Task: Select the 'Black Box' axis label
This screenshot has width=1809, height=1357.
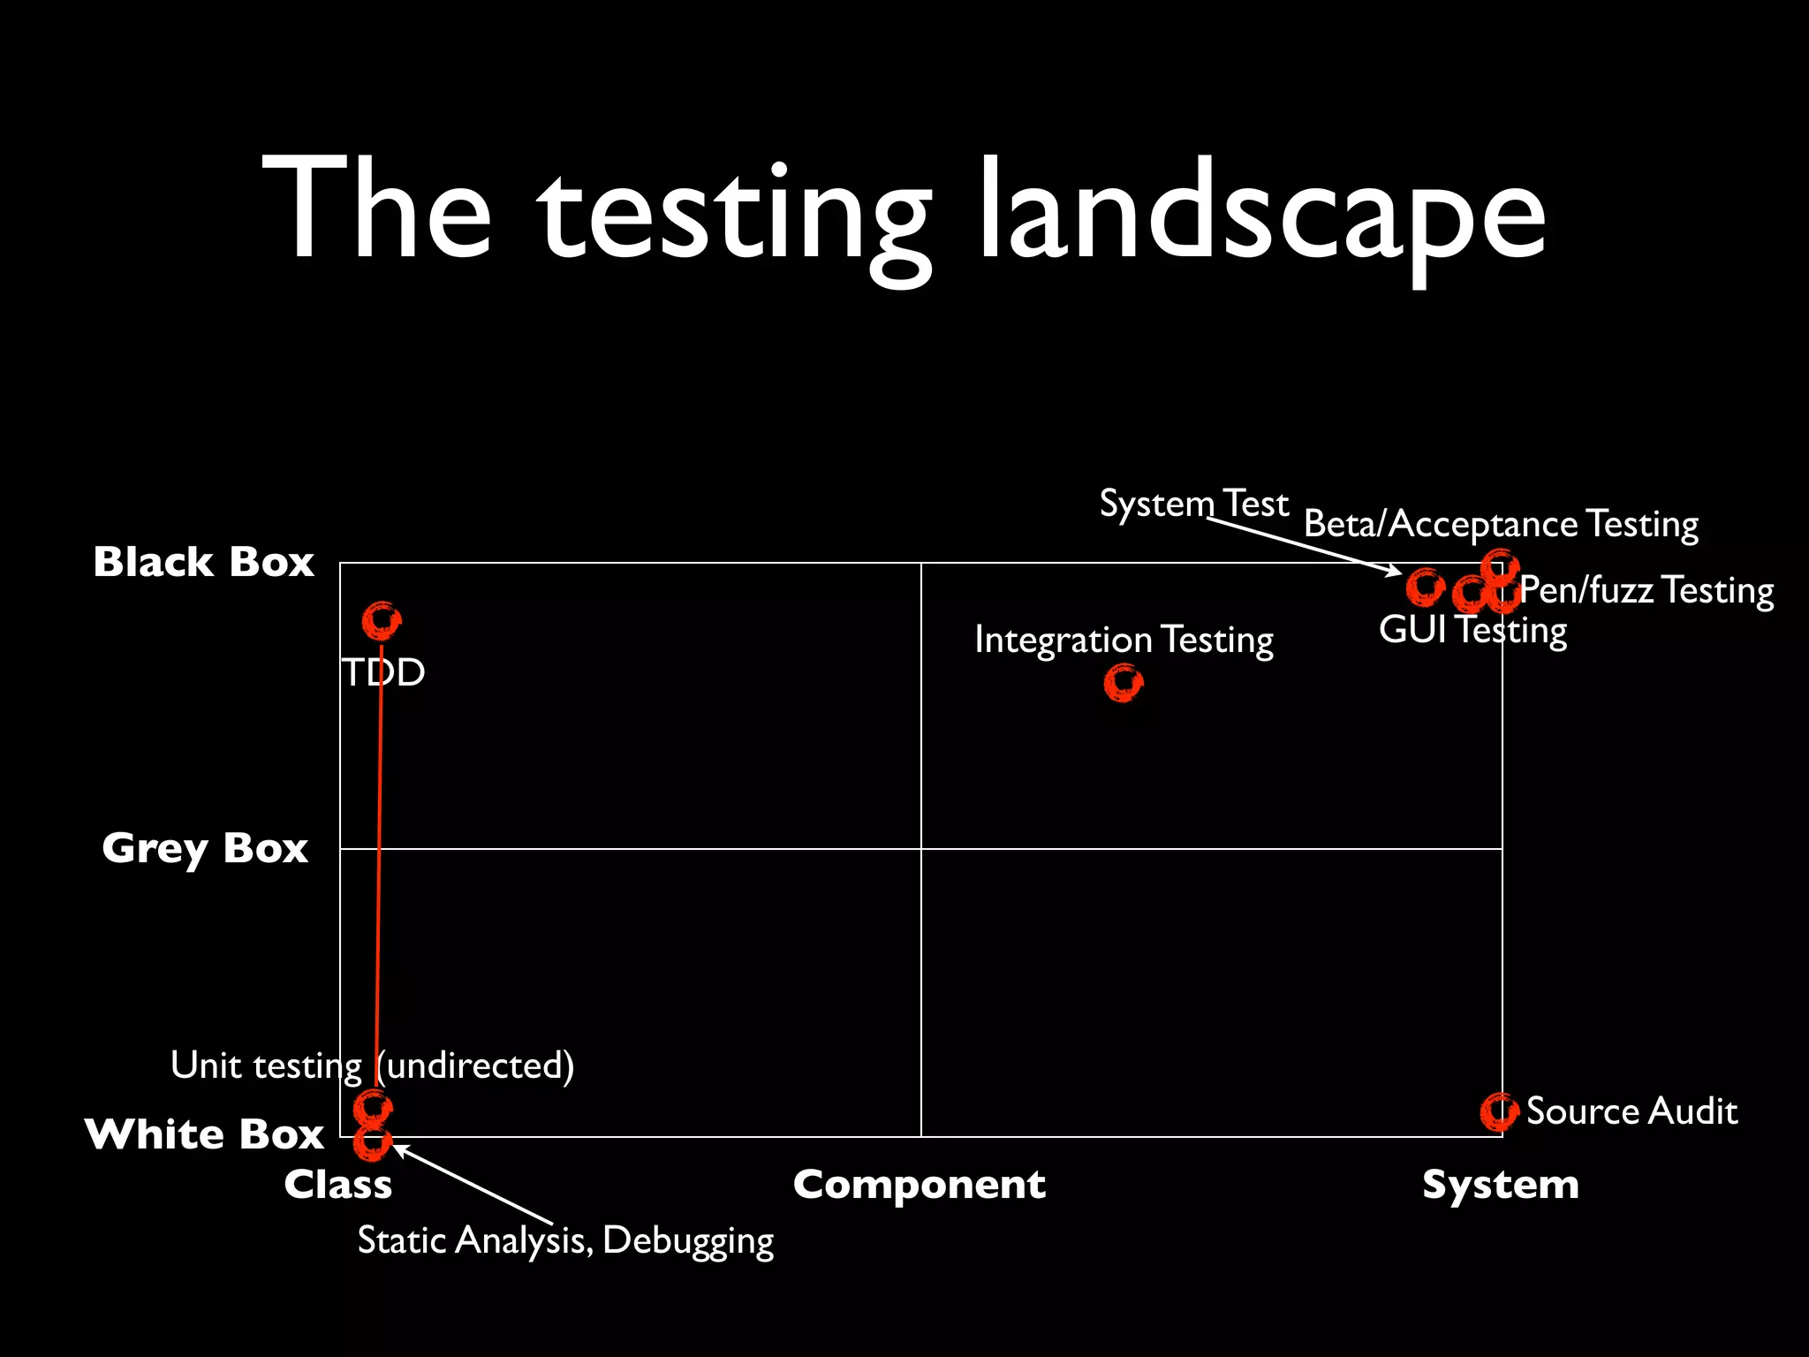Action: click(x=204, y=562)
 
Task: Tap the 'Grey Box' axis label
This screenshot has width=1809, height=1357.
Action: click(x=205, y=848)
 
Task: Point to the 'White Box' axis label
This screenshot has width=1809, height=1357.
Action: click(x=205, y=1133)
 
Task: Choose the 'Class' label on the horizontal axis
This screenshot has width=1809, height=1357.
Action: click(x=337, y=1184)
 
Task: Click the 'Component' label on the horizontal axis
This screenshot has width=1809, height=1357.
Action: click(x=919, y=1185)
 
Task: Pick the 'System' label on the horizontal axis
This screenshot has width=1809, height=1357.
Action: click(x=1500, y=1184)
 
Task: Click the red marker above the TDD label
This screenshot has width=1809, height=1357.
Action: click(x=382, y=621)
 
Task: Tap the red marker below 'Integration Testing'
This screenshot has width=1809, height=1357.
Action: click(x=1124, y=683)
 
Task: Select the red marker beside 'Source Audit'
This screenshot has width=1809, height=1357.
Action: click(x=1499, y=1111)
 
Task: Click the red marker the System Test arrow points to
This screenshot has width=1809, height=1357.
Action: click(x=1425, y=587)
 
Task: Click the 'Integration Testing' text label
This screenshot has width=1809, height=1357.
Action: click(x=1124, y=640)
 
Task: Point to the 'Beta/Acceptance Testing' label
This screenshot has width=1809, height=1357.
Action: click(x=1501, y=524)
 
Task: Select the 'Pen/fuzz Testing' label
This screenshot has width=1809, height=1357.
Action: click(x=1646, y=590)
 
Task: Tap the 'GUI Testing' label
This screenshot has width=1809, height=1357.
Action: click(x=1472, y=630)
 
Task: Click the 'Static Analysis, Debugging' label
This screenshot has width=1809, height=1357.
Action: click(x=565, y=1240)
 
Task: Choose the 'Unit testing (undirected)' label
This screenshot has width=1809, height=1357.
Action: click(x=372, y=1065)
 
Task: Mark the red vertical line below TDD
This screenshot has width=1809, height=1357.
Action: click(x=379, y=866)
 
